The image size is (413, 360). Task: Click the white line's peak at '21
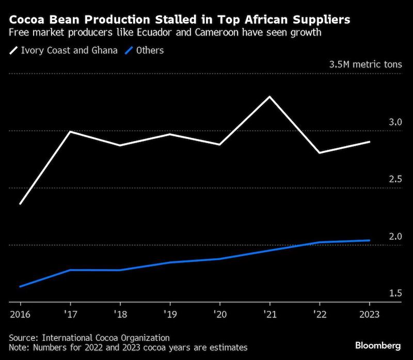pyautogui.click(x=269, y=97)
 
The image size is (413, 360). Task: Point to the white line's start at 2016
pyautogui.click(x=20, y=204)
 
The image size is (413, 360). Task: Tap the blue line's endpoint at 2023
pyautogui.click(x=370, y=240)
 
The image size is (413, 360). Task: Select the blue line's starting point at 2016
pyautogui.click(x=20, y=286)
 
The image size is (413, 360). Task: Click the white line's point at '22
pyautogui.click(x=320, y=153)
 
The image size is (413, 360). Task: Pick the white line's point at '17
pyautogui.click(x=70, y=131)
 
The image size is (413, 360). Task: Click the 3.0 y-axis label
pyautogui.click(x=395, y=122)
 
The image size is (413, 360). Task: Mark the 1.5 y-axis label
pyautogui.click(x=395, y=293)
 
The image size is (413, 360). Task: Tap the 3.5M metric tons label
pyautogui.click(x=365, y=65)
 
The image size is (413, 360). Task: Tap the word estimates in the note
pyautogui.click(x=227, y=348)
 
